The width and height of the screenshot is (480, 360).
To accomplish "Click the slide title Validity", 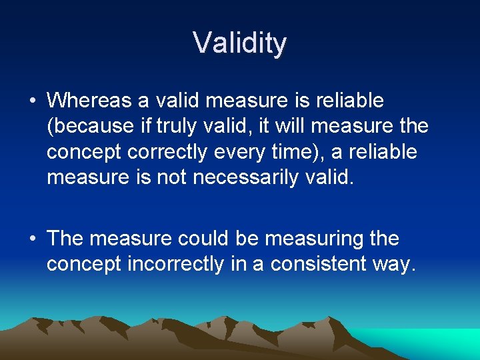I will (240, 43).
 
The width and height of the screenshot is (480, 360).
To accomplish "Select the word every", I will (250, 152).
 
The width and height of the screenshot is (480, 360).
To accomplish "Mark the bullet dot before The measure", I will (33, 239).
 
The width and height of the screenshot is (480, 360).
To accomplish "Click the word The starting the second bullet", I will (65, 239).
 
